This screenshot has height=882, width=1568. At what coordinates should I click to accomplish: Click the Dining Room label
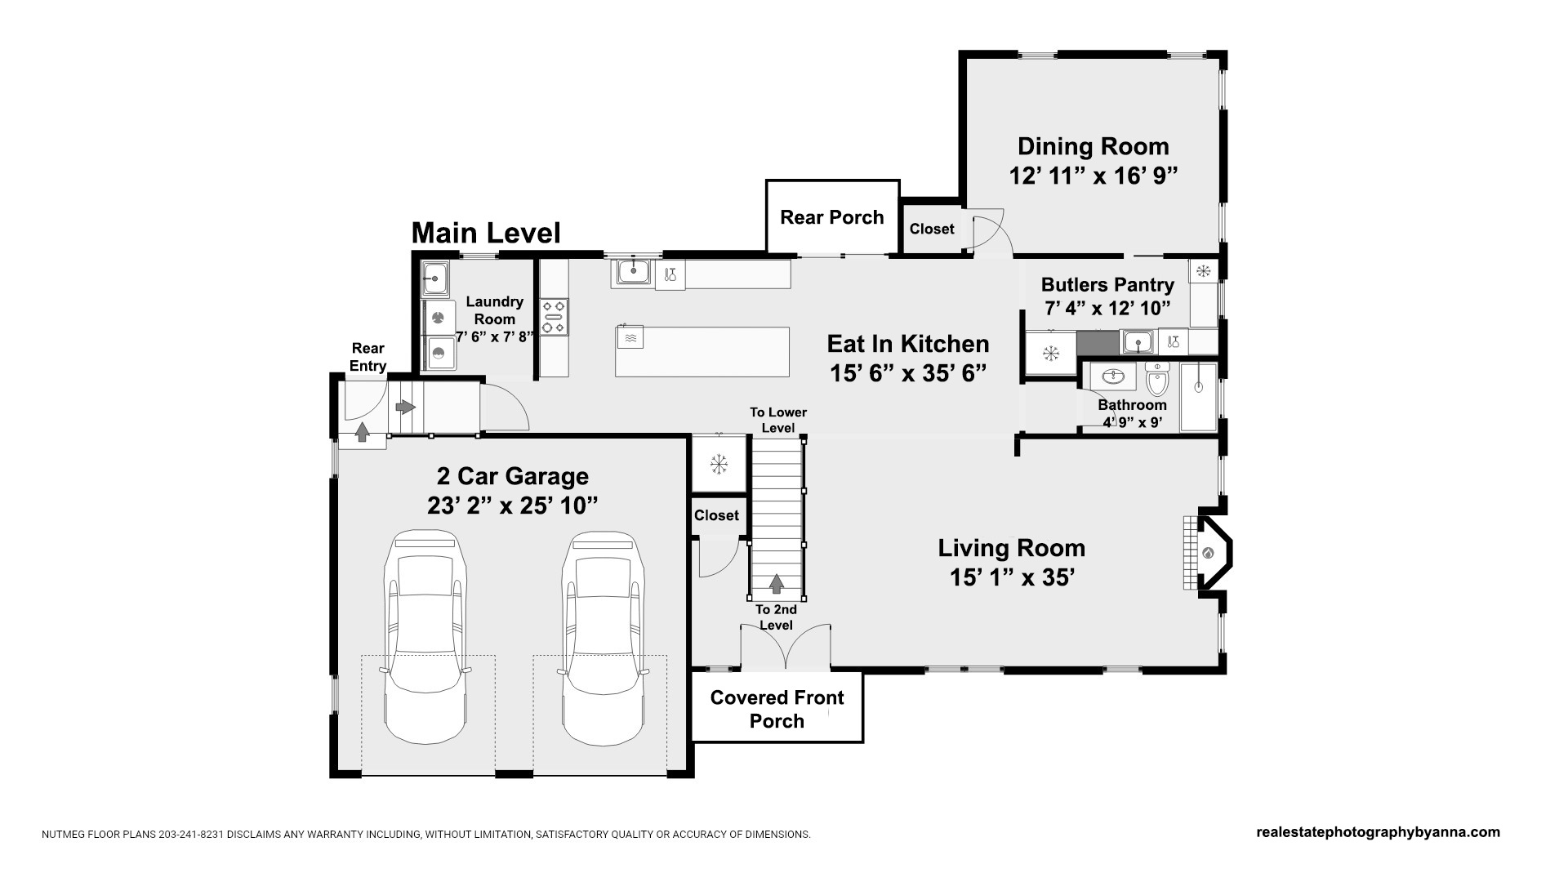pos(1093,147)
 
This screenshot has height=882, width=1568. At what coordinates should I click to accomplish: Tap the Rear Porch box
pos(832,216)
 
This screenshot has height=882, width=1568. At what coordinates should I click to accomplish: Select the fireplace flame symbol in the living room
pos(1208,553)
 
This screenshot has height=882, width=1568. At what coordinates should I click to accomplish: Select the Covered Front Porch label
pos(777,709)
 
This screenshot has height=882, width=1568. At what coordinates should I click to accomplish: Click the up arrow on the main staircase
pos(776,583)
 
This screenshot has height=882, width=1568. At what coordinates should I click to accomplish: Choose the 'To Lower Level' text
pos(777,421)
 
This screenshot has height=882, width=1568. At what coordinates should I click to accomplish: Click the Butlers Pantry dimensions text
pos(1107,309)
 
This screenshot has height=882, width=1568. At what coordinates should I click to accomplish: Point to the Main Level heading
pos(486,233)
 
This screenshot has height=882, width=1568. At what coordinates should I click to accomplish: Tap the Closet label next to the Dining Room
pos(932,229)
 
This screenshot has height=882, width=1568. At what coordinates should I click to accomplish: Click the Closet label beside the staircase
pos(716,515)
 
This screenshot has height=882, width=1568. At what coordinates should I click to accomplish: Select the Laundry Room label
pos(494,310)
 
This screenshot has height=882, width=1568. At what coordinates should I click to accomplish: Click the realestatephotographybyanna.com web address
pos(1378,832)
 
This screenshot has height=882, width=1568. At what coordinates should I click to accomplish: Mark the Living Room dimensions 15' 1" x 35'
pos(1011,577)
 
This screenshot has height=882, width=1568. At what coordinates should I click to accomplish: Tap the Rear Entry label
pos(367,358)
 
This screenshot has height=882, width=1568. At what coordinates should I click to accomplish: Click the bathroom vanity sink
pos(1113,376)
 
